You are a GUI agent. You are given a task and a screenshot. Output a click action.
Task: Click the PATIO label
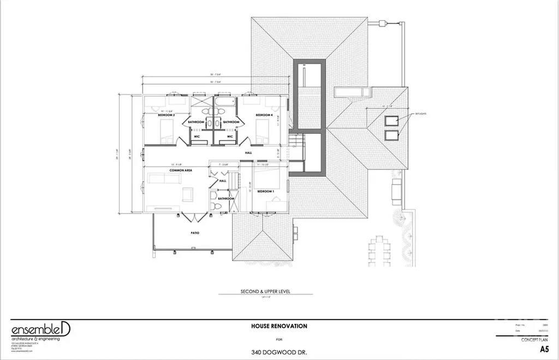[x=195, y=233]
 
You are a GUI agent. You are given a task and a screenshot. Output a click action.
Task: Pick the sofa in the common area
[x=159, y=179]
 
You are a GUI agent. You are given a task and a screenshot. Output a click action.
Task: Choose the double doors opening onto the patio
[x=195, y=217]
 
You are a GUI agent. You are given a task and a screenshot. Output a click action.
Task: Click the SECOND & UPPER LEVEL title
[x=265, y=292]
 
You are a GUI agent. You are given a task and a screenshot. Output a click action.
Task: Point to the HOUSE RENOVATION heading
[x=279, y=326]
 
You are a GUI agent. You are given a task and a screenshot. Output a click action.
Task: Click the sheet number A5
[x=543, y=349]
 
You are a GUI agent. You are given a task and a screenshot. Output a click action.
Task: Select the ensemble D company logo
[x=41, y=331]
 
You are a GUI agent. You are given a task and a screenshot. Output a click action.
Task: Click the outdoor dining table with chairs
[x=379, y=250]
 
